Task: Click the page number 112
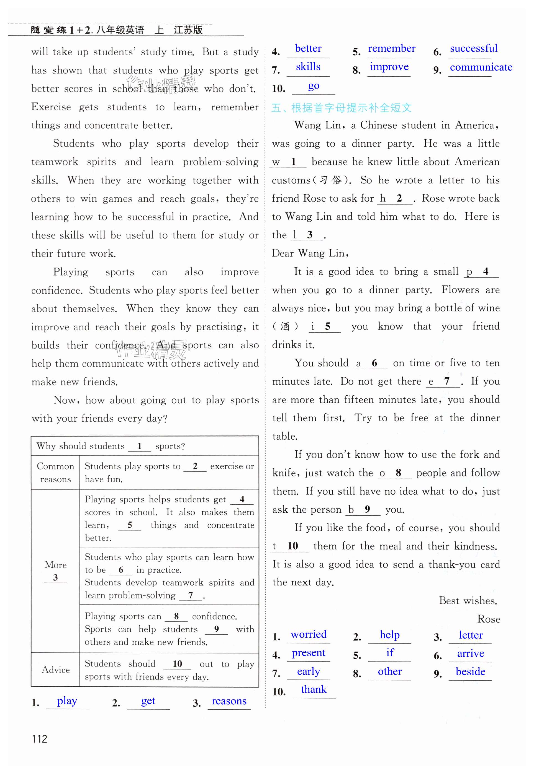coord(40,739)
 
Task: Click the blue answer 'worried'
coord(309,634)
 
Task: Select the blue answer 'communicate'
coord(481,67)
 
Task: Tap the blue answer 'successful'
coord(473,48)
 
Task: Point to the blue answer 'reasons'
coord(229,701)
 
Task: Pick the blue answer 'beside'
coord(470,671)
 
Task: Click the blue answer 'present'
coord(309,652)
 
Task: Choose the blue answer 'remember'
coord(391,48)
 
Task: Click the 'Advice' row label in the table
coord(56,670)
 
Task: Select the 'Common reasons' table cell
coord(56,473)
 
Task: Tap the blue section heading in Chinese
coord(341,108)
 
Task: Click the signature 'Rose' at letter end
coord(488,619)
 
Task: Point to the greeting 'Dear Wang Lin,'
coord(310,253)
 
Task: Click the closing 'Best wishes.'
coord(468,601)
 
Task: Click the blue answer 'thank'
coord(314,689)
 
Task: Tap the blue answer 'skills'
coord(308,67)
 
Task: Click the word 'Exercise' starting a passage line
coord(51,107)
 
